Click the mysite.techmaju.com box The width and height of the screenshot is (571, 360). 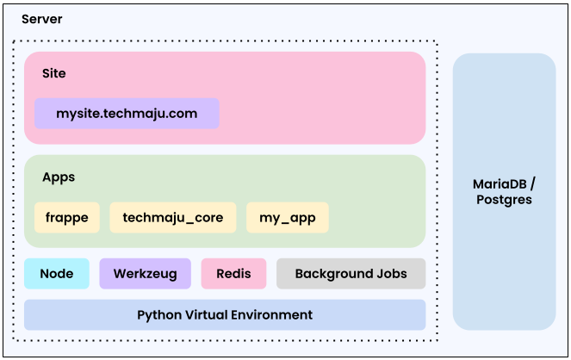point(127,114)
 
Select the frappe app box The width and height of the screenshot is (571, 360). point(67,218)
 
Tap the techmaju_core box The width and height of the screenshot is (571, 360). point(173,218)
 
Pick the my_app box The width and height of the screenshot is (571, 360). point(288,218)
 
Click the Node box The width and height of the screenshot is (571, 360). point(57,274)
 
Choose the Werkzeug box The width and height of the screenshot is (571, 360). point(145,274)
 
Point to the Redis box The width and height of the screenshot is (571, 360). point(234,274)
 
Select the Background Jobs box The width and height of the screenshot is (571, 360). point(351,274)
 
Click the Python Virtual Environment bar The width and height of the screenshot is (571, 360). point(225,314)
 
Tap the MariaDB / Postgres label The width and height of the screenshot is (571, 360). point(504,191)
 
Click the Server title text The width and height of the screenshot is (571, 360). point(41,19)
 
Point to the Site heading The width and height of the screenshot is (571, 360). point(54,73)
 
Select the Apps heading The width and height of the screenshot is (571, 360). point(59,177)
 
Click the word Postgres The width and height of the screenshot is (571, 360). point(504,200)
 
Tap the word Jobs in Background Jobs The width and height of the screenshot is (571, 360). point(389,274)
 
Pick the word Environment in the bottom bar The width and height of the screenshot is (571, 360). point(272,314)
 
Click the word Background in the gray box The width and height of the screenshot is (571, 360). point(332,274)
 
